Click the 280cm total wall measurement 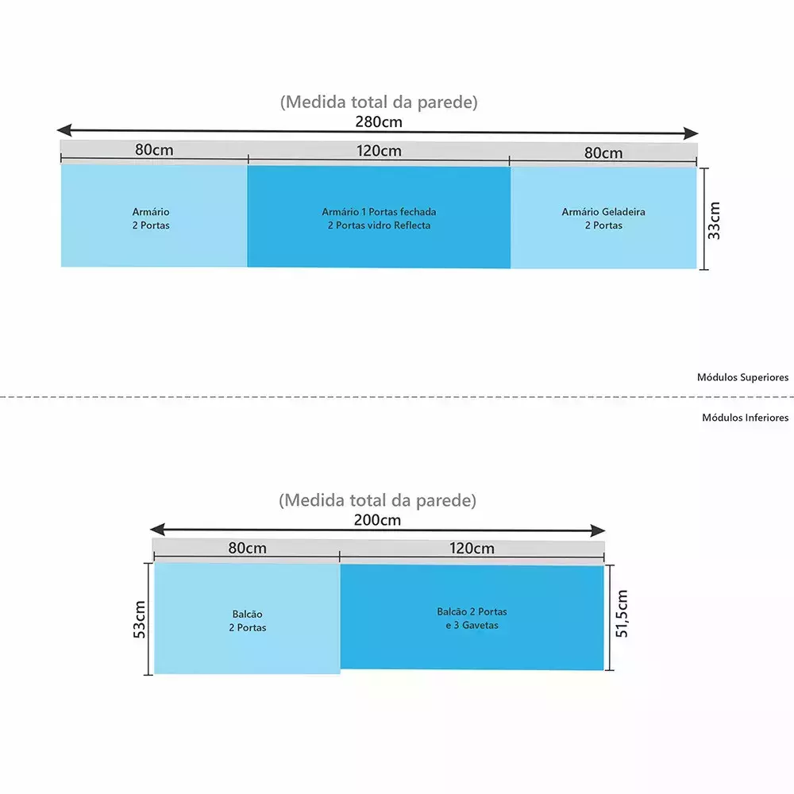coord(379,122)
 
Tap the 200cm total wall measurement coord(377,520)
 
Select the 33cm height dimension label coord(714,221)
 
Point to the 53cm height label coord(139,619)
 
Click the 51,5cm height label coord(622,613)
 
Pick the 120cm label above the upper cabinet coord(379,151)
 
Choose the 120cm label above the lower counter coord(472,549)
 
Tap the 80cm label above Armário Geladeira coord(603,153)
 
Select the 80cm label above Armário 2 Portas coord(154,150)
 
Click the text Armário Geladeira coord(603,212)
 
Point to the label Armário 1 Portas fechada coord(379,212)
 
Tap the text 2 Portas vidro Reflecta coord(379,225)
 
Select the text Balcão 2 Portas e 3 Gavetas coord(472,619)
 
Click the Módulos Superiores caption coord(743,377)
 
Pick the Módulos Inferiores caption coord(746,418)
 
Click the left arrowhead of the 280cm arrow coord(64,129)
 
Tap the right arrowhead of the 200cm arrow coord(598,530)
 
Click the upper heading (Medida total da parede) coord(379,102)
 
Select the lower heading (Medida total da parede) coord(377,500)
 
